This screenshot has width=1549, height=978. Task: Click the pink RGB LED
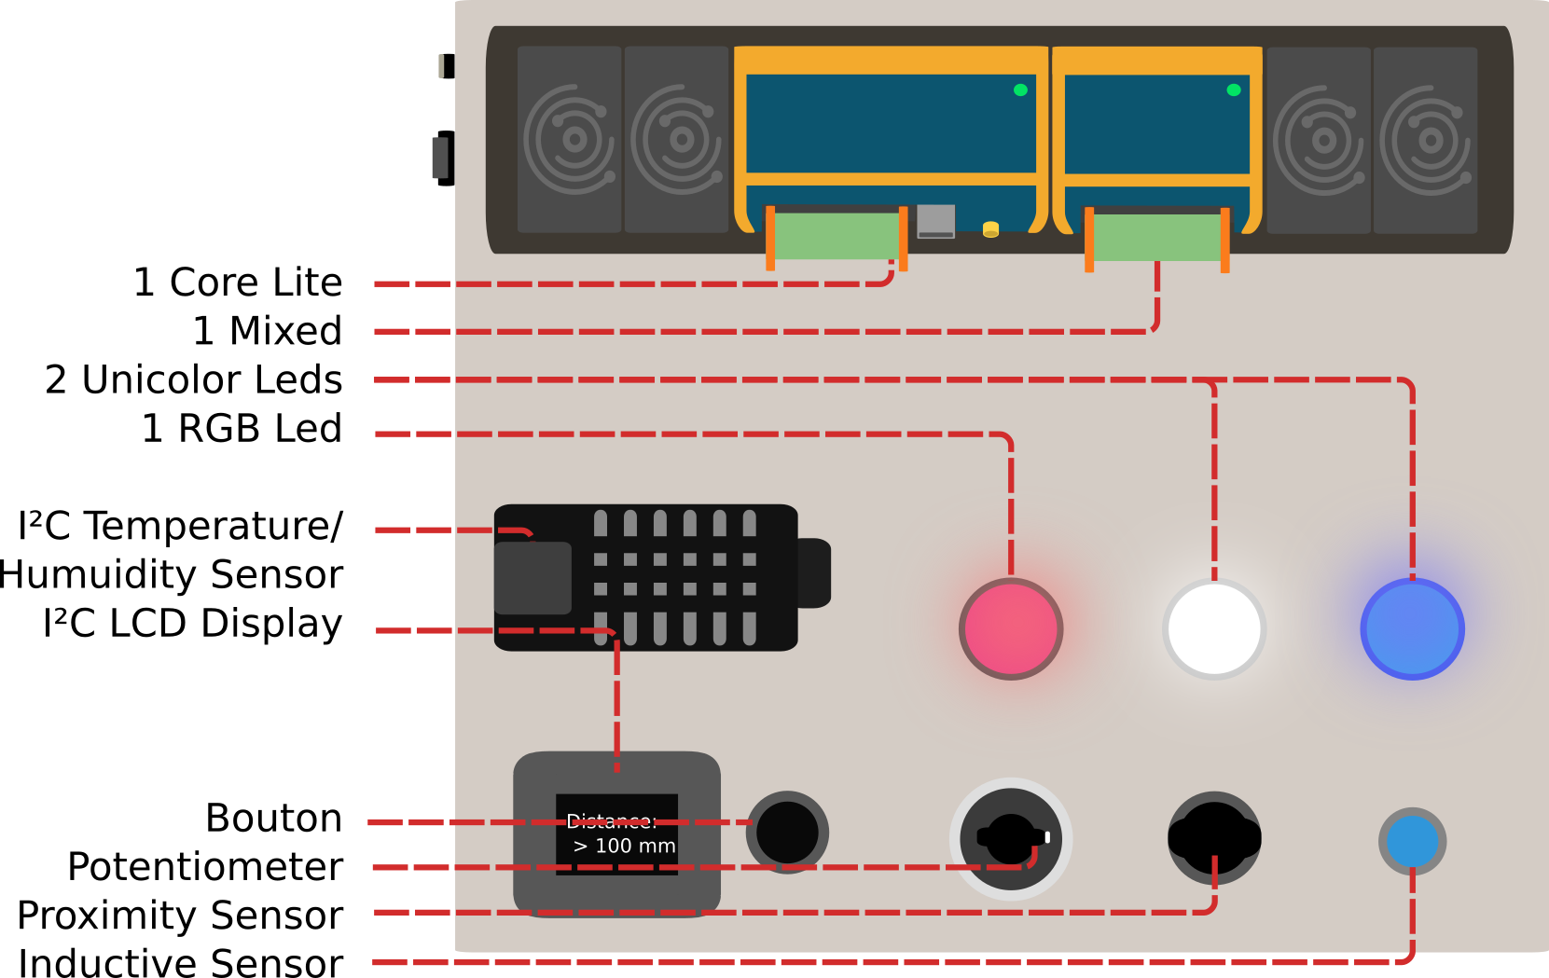(x=1011, y=628)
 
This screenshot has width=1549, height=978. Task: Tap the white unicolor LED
(x=1214, y=628)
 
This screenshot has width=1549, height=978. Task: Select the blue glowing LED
(x=1412, y=628)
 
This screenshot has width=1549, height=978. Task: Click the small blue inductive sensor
(x=1412, y=840)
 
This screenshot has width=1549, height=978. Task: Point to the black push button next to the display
(x=787, y=832)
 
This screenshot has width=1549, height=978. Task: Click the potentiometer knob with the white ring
(x=1011, y=838)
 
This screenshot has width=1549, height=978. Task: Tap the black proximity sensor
(x=1214, y=837)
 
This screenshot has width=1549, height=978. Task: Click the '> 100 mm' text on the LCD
(x=624, y=846)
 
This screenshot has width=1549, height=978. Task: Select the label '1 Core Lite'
(x=238, y=282)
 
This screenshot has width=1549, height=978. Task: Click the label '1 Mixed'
(x=268, y=331)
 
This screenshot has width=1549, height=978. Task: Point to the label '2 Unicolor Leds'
(x=194, y=379)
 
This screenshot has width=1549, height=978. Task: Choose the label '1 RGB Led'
(x=242, y=428)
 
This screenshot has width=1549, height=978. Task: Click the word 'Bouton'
(x=273, y=818)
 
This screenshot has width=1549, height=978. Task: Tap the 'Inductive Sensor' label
(x=181, y=962)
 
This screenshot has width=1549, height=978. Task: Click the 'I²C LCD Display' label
(x=193, y=623)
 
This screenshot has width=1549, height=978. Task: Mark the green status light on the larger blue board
(x=1020, y=90)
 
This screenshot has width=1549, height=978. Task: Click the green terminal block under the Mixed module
(x=1156, y=237)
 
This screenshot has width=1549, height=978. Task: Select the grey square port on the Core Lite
(x=935, y=221)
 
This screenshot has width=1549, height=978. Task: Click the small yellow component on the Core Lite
(x=990, y=228)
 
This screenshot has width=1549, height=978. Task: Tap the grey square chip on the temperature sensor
(x=532, y=578)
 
